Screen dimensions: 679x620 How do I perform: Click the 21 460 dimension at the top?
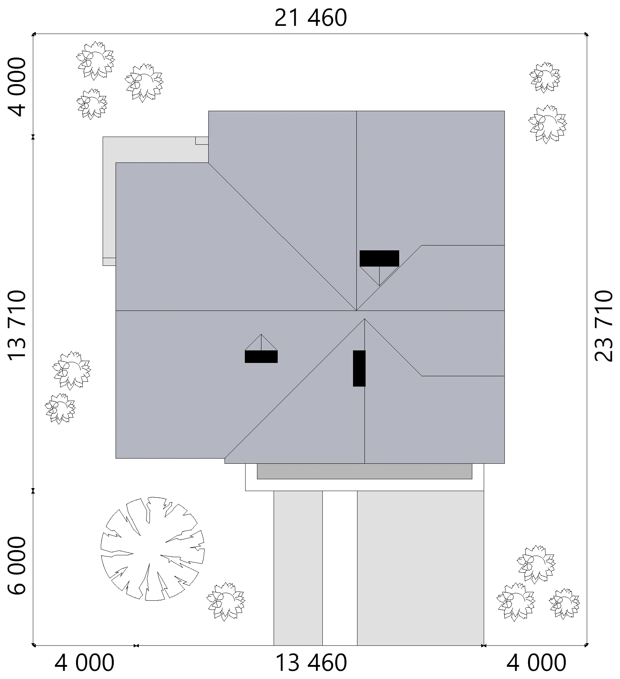311,18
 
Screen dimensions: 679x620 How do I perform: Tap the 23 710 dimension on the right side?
603,325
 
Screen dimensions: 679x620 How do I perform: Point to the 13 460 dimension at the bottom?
311,662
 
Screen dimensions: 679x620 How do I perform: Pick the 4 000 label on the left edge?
17,87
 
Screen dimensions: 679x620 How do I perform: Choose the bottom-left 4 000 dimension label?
85,662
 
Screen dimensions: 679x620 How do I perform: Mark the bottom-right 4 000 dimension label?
536,662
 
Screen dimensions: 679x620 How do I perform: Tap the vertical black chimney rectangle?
359,368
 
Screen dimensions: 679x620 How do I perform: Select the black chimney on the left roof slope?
261,357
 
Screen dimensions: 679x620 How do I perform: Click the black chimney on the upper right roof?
379,258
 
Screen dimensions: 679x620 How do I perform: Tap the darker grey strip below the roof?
364,471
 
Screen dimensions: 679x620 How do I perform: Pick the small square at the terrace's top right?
202,141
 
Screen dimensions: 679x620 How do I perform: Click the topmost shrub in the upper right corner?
545,77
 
